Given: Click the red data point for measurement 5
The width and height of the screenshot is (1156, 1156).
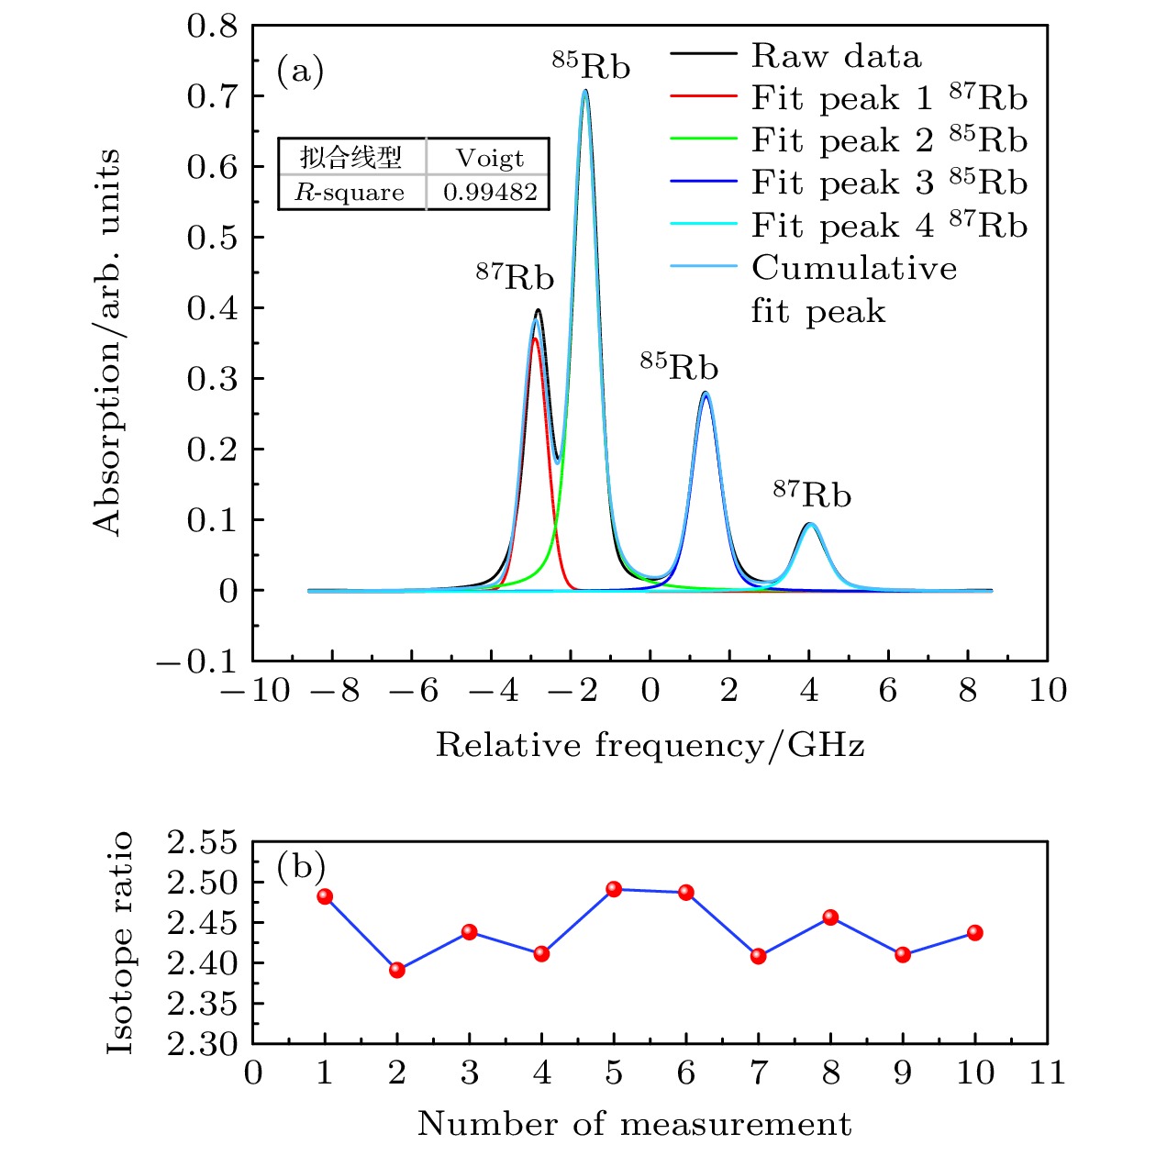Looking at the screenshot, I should point(614,889).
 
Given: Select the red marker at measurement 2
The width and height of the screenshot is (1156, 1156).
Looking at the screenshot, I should point(397,970).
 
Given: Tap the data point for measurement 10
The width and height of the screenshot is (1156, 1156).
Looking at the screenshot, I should point(975,933).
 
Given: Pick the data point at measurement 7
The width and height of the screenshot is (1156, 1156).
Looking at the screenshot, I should point(759,956).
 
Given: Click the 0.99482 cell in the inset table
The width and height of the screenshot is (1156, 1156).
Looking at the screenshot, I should point(489,193).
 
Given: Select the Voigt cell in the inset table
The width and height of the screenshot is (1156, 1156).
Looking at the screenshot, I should point(489,158).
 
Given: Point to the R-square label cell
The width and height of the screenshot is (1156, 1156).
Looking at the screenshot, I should point(350,193).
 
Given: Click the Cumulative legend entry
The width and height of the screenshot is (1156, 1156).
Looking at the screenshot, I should point(853,268).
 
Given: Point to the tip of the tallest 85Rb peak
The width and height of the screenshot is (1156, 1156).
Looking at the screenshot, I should point(584,90).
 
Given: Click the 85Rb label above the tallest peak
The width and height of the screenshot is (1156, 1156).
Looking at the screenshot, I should point(592,64).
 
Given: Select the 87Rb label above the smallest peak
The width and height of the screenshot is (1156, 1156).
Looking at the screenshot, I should point(812,493).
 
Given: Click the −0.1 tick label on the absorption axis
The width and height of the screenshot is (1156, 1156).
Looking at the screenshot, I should point(196,661).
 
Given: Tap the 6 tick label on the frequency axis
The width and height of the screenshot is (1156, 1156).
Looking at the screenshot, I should point(888,690).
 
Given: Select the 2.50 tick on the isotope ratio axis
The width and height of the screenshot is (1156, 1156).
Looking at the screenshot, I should point(201,883).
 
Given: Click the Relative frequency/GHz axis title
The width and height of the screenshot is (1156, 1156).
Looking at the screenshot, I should point(650,745).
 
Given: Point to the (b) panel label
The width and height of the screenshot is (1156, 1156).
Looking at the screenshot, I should point(301,865).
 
